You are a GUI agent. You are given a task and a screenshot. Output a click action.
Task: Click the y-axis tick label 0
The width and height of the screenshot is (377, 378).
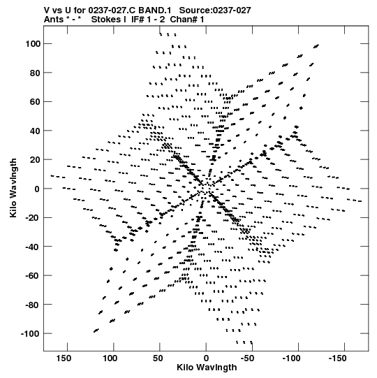point(37,189)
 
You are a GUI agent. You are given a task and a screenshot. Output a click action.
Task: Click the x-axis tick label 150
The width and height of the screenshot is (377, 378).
point(64,358)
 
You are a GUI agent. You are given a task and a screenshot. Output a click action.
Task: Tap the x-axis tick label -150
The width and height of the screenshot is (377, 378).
point(338,358)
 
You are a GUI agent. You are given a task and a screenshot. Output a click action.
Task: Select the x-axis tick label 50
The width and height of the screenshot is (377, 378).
point(158,358)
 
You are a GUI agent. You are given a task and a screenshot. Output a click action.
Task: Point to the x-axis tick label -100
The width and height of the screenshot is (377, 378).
point(292,358)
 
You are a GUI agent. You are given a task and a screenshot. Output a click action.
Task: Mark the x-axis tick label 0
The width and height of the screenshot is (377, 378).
point(206,358)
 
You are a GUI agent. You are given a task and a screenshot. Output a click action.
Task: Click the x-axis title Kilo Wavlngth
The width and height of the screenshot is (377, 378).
point(207,368)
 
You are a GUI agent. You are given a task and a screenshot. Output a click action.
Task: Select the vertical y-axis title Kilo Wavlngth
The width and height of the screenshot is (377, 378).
point(13,188)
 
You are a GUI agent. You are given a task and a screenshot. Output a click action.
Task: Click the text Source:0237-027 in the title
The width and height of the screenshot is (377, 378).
point(215,10)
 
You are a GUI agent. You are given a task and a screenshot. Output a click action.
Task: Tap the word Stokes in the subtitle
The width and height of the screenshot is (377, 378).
point(108,20)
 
